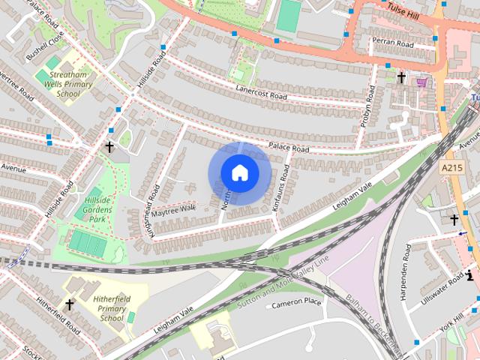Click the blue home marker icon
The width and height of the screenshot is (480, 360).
239,173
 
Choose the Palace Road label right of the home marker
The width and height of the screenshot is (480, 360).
289,148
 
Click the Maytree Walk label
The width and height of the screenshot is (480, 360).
173,209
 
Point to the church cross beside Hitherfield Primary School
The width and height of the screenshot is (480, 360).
70,304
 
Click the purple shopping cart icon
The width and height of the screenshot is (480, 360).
421,82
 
